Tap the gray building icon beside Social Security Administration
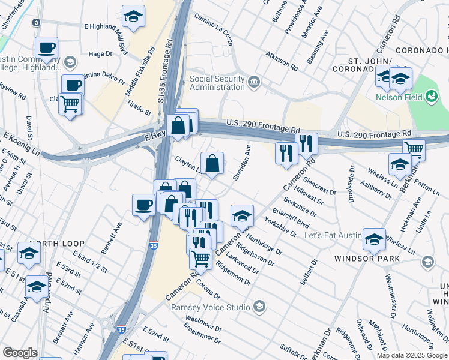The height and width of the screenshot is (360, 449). tap(253, 81)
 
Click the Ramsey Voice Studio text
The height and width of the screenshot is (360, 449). tap(210, 307)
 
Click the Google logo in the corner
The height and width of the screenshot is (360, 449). tap(20, 353)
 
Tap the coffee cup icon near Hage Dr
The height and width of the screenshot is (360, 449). tap(46, 48)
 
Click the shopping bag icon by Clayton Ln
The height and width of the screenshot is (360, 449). tap(212, 163)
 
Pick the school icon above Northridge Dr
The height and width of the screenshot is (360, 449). tap(242, 216)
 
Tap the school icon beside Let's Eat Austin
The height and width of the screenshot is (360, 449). tap(374, 239)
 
